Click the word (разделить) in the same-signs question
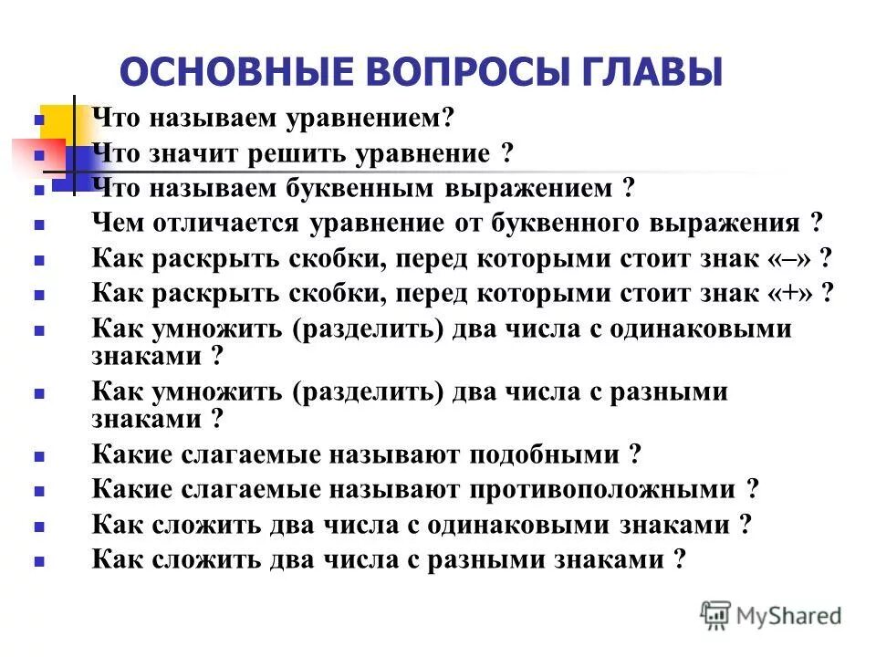coord(369,328)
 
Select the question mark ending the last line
coord(677,559)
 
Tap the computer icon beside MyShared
coord(715,614)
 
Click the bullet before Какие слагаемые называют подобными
coord(39,455)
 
